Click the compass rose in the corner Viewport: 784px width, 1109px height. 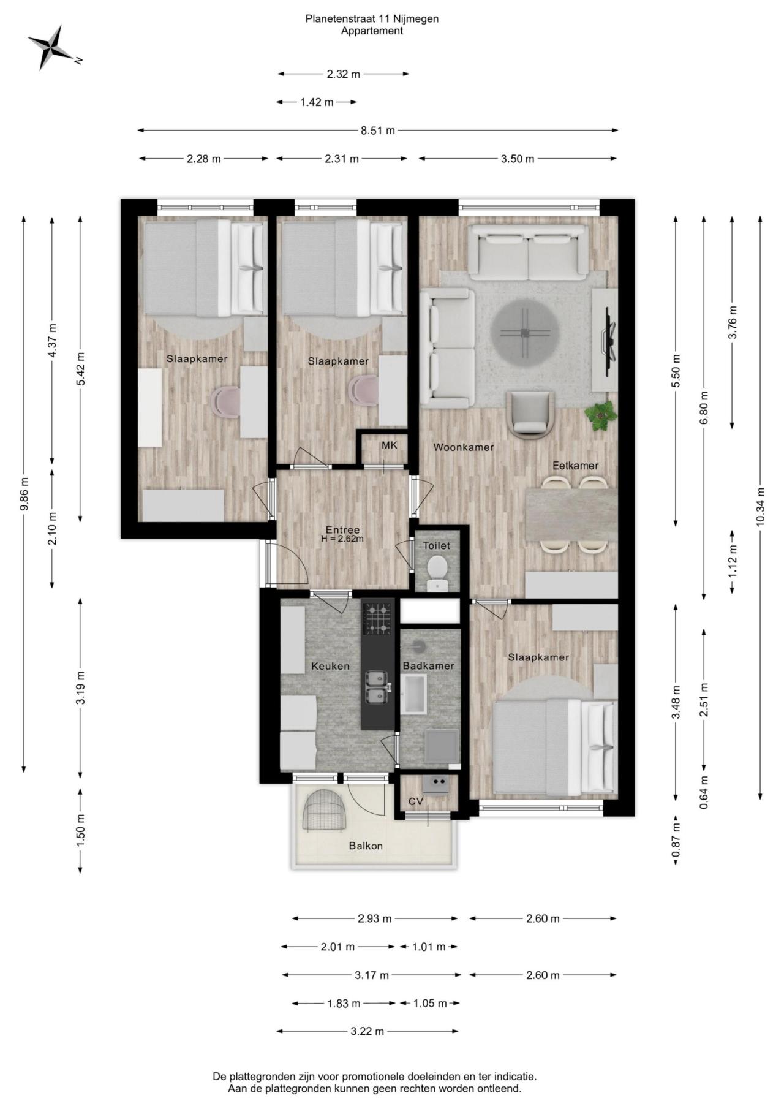tap(52, 47)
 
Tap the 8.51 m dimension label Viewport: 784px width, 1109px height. tap(378, 130)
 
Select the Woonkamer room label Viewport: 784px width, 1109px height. tap(463, 447)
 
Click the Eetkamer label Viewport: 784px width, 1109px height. tap(575, 466)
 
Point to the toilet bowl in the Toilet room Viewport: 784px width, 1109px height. tap(437, 567)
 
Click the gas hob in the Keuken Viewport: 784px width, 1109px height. tap(377, 618)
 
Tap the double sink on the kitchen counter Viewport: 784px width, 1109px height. tap(377, 687)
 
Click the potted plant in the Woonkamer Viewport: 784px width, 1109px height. tap(601, 415)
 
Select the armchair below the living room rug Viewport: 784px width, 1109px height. tap(530, 414)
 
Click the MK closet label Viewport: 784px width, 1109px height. tap(390, 445)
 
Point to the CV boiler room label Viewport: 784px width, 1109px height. tap(416, 801)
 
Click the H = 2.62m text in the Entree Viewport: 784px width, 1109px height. tap(342, 539)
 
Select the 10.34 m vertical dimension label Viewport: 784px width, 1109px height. tap(760, 507)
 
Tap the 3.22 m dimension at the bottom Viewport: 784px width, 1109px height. tap(367, 1031)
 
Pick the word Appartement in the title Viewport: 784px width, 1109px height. tap(372, 31)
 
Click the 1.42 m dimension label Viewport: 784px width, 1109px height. tap(317, 102)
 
